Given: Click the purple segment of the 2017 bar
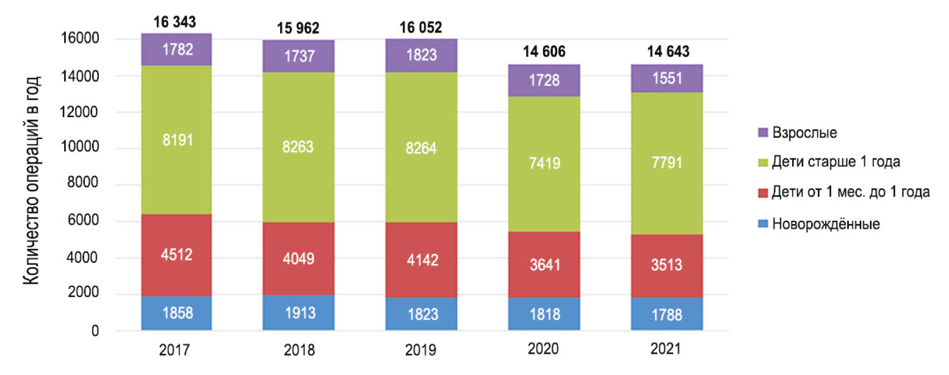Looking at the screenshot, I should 177,49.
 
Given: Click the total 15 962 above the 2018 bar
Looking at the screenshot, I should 299,29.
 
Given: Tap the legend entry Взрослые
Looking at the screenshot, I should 804,131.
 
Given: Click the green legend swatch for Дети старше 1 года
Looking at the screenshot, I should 762,162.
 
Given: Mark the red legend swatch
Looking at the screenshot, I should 762,193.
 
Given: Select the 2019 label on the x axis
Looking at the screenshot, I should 420,351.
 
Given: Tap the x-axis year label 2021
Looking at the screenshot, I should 666,350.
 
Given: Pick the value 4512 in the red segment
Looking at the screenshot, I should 177,254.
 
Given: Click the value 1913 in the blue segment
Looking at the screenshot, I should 299,313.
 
